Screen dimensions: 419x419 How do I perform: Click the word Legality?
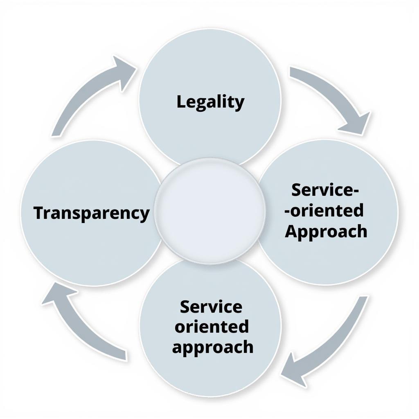click(210, 102)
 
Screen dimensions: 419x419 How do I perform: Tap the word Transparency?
click(91, 213)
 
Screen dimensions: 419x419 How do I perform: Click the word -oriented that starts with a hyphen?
click(324, 211)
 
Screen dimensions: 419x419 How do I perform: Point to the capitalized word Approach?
click(326, 232)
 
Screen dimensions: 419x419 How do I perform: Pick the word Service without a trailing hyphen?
click(211, 306)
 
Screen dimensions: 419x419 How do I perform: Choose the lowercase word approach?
click(212, 347)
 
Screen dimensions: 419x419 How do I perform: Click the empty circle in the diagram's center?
click(210, 211)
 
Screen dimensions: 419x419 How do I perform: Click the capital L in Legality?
click(181, 102)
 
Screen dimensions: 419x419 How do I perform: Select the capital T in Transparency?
click(39, 213)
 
